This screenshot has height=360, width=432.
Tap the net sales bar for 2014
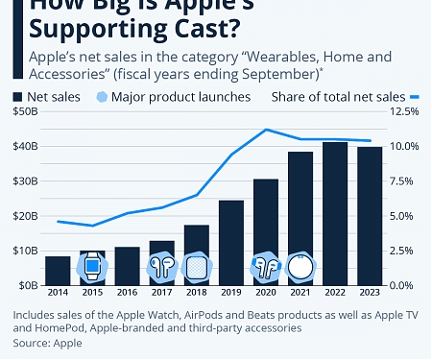click(58, 270)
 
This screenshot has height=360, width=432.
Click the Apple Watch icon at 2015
click(92, 267)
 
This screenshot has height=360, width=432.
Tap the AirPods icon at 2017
click(160, 267)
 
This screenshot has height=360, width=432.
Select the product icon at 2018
click(196, 267)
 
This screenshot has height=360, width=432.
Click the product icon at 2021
click(300, 266)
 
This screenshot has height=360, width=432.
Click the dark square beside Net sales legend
click(18, 96)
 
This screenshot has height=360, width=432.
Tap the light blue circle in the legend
click(103, 96)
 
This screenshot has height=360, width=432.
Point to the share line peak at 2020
click(266, 130)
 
